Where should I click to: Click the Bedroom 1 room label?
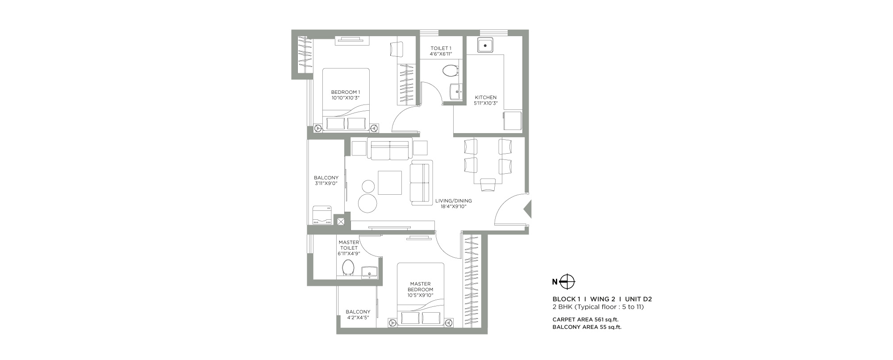(x=346, y=92)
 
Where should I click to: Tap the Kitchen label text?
(x=485, y=97)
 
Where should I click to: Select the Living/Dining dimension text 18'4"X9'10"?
(x=453, y=206)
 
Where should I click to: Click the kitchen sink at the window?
(x=485, y=45)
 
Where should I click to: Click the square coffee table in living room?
(x=390, y=183)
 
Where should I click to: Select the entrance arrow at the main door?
(x=528, y=209)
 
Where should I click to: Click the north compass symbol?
(x=567, y=282)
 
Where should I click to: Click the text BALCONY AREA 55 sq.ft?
(x=587, y=327)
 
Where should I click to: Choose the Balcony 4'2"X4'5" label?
(x=358, y=314)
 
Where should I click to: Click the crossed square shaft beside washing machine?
(x=341, y=221)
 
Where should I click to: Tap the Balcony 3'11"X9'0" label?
(x=326, y=180)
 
